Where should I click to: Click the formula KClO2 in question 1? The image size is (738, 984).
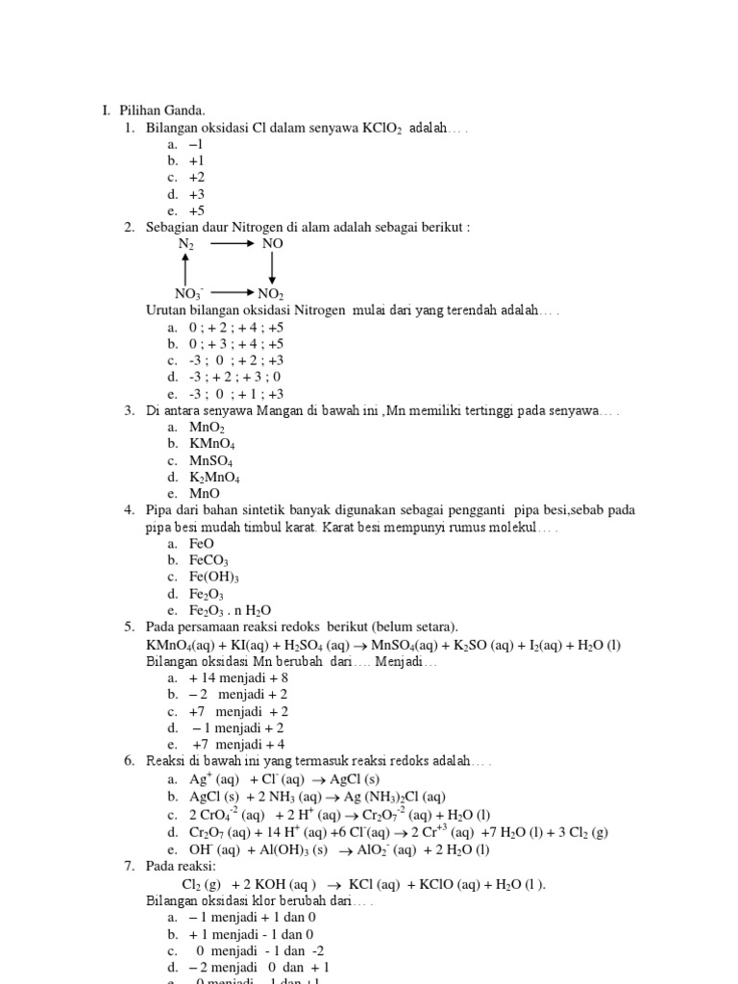(382, 128)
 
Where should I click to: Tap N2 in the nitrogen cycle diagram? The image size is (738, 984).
(185, 245)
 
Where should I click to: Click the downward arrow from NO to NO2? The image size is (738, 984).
(272, 268)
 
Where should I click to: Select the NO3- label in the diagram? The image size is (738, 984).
(188, 293)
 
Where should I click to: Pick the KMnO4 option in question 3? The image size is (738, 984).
(212, 444)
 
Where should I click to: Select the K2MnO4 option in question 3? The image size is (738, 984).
(215, 477)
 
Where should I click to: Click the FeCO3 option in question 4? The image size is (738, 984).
(209, 560)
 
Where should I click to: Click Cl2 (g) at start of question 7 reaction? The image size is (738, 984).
(201, 884)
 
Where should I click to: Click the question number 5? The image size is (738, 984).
(129, 627)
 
